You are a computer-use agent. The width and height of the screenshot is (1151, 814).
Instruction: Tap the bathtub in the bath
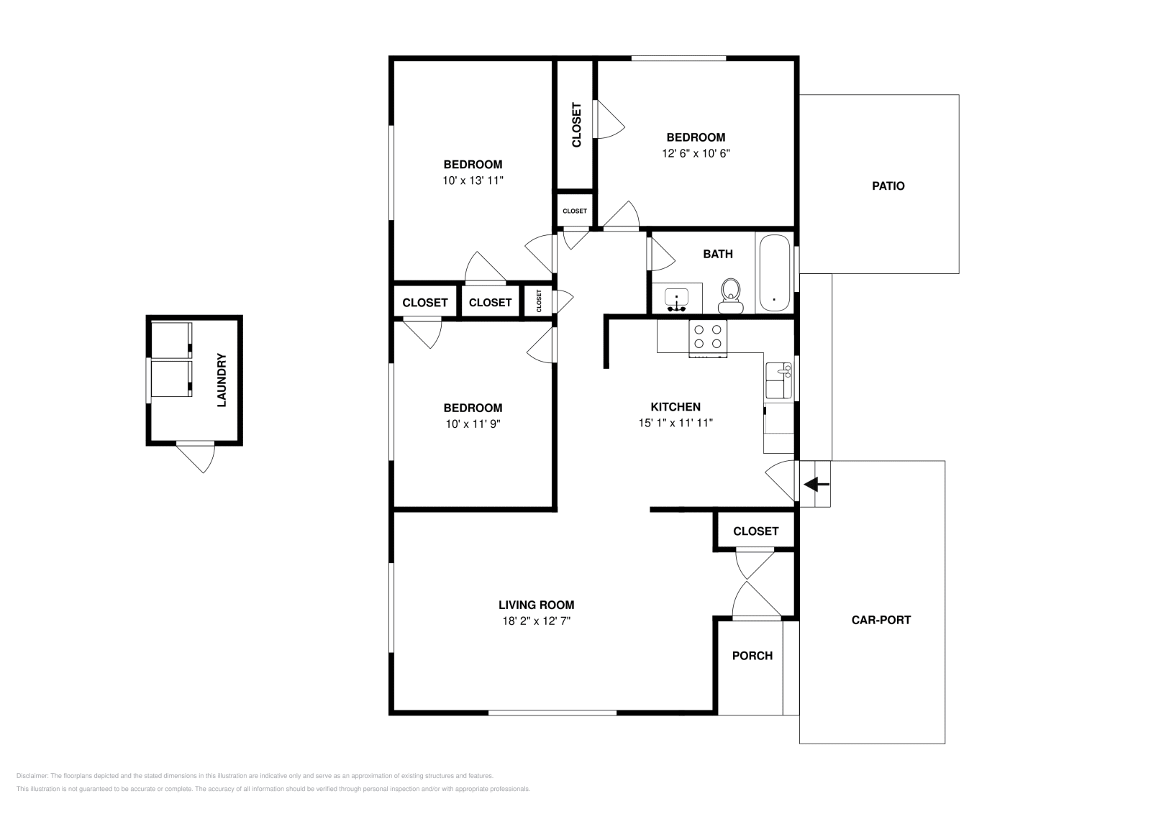(774, 273)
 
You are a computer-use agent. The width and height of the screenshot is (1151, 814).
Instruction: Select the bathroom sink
(676, 299)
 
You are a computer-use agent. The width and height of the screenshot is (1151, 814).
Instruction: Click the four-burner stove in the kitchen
(708, 339)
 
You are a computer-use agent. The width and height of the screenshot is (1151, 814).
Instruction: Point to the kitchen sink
(778, 380)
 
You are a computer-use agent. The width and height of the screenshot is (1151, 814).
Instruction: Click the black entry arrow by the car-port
(816, 484)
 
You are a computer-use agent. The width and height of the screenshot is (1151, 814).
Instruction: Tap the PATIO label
(888, 186)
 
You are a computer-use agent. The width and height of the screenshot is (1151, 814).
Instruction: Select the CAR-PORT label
(881, 620)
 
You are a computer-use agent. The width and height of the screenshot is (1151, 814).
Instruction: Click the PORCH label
(752, 656)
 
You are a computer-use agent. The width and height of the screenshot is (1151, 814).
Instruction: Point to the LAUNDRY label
(222, 380)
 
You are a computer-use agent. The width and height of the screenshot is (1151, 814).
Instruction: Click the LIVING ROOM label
(536, 605)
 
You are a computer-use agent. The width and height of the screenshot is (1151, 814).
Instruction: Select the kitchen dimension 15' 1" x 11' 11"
(675, 423)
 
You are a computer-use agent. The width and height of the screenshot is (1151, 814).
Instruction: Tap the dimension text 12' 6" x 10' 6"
(696, 153)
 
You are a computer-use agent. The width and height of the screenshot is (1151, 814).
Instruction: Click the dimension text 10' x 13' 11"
(473, 180)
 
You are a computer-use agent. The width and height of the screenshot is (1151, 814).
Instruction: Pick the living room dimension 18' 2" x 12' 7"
(536, 621)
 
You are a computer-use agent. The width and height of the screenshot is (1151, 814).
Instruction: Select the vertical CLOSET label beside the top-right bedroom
(576, 125)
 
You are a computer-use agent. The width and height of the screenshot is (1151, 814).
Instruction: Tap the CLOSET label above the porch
(755, 531)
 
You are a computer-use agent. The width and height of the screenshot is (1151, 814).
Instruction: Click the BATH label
(718, 254)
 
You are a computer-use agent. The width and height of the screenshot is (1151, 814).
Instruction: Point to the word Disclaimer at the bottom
(32, 776)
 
